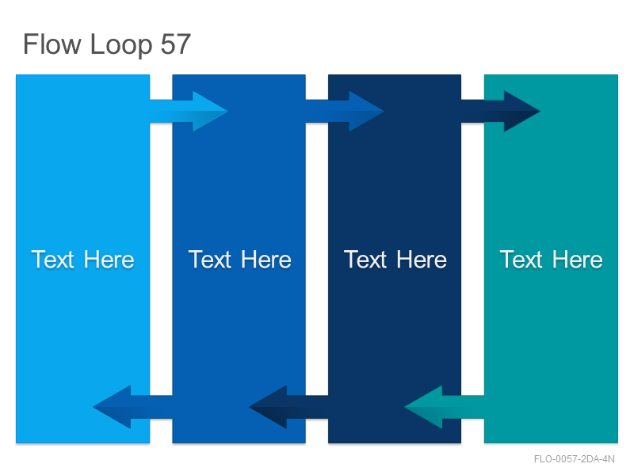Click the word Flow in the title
pyautogui.click(x=52, y=44)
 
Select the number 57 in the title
pyautogui.click(x=175, y=44)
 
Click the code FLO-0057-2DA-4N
pyautogui.click(x=574, y=459)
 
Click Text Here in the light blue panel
pyautogui.click(x=83, y=260)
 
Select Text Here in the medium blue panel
pyautogui.click(x=240, y=260)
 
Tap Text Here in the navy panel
pyautogui.click(x=395, y=260)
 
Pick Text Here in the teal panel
pyautogui.click(x=551, y=260)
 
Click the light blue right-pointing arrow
pyautogui.click(x=189, y=111)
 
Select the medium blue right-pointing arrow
pyautogui.click(x=345, y=111)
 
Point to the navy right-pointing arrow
pyautogui.click(x=501, y=111)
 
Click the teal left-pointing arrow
pyautogui.click(x=444, y=407)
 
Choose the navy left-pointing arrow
pyautogui.click(x=288, y=407)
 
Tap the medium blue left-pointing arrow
pyautogui.click(x=132, y=407)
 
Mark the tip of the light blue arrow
pyautogui.click(x=228, y=111)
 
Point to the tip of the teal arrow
pyautogui.click(x=404, y=407)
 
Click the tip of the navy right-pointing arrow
pyautogui.click(x=540, y=111)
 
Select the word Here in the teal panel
pyautogui.click(x=578, y=260)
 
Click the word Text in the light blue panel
pyautogui.click(x=53, y=260)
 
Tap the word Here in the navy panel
pyautogui.click(x=422, y=260)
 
